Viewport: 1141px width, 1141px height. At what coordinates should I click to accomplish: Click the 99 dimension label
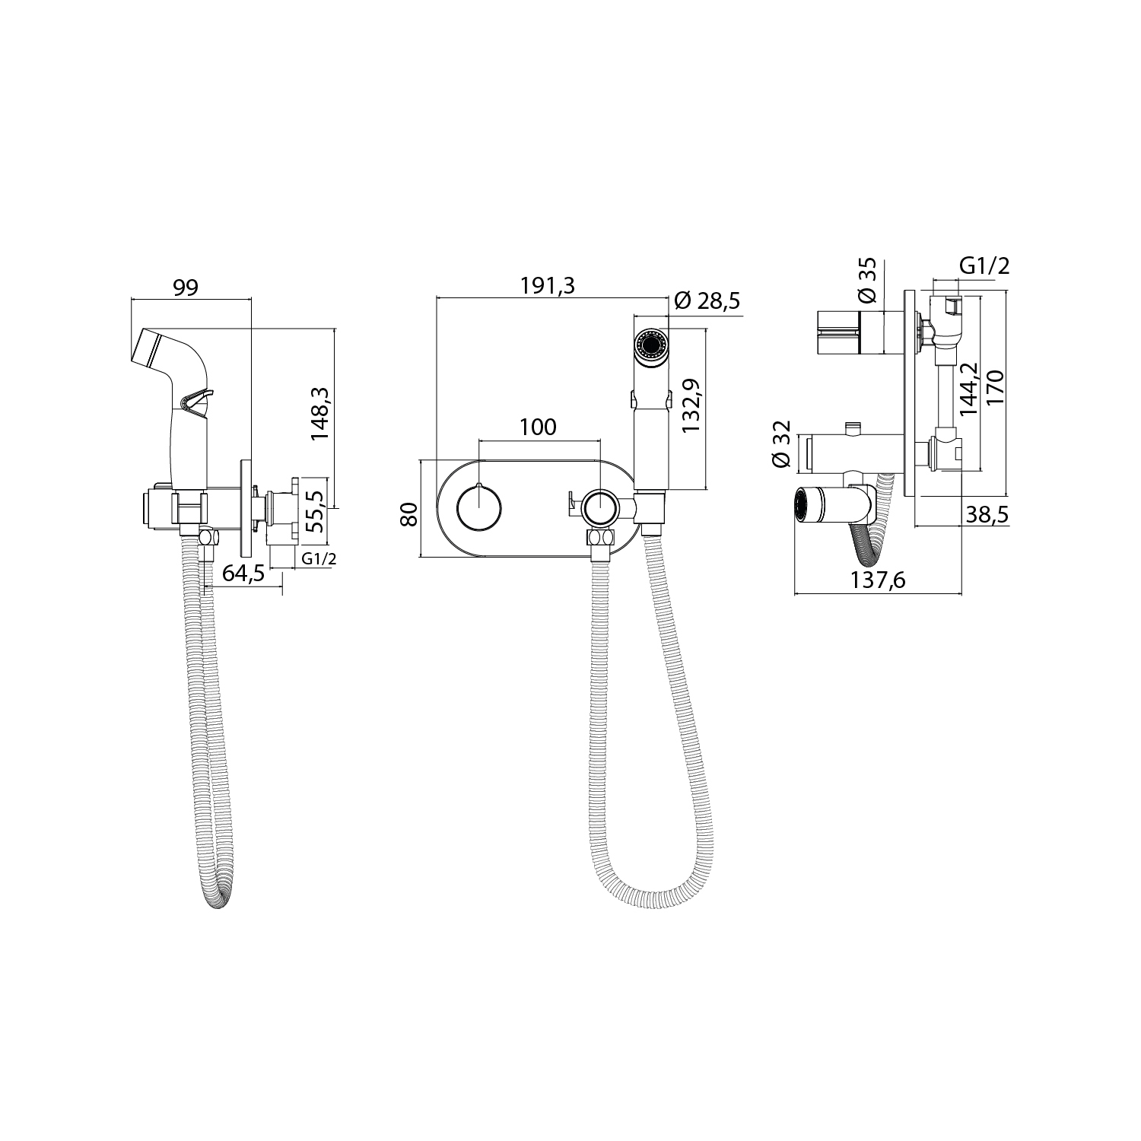[x=187, y=288]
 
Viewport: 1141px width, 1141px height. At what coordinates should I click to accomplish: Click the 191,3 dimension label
[x=548, y=286]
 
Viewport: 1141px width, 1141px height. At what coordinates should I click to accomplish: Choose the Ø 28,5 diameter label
[x=707, y=301]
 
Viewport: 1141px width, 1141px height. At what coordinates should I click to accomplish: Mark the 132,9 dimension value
[x=691, y=406]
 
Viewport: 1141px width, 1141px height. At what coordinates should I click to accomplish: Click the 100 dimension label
[x=539, y=427]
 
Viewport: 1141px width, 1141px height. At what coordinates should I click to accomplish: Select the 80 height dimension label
[x=410, y=514]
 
